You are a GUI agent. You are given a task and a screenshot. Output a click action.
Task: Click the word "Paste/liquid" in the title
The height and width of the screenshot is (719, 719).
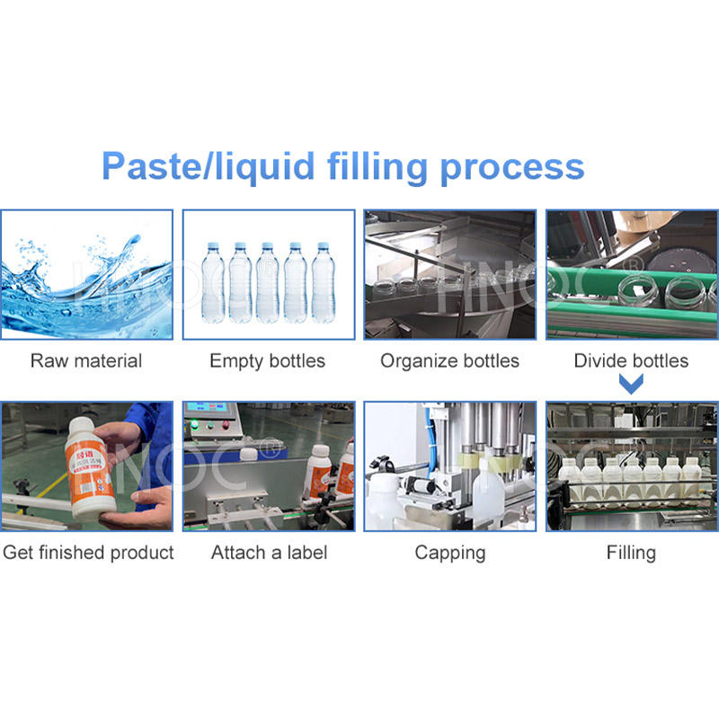(x=208, y=168)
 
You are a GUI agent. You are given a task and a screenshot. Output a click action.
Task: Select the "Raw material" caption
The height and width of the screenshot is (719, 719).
(x=86, y=361)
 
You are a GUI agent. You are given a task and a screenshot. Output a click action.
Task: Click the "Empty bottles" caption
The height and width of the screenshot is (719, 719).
(x=268, y=361)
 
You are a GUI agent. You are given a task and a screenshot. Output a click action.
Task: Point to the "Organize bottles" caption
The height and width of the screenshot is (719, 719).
(x=449, y=361)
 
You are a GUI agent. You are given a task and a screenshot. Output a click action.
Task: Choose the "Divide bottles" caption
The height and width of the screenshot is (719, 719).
(x=631, y=361)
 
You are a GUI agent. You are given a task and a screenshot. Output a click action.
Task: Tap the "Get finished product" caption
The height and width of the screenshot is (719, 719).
(x=88, y=552)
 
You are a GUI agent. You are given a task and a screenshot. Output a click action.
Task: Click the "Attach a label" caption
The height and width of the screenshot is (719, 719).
(x=269, y=552)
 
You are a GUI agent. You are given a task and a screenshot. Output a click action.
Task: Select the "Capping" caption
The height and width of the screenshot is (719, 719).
(x=449, y=552)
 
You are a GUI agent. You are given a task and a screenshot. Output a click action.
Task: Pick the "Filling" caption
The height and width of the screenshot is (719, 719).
(x=631, y=552)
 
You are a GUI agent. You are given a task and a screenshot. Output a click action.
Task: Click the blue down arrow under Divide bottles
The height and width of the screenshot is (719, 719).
(x=633, y=386)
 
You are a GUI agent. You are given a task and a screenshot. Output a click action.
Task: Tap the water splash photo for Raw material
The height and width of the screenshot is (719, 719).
(x=86, y=274)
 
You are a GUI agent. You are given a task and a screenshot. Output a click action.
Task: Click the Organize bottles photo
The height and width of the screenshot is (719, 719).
(x=449, y=274)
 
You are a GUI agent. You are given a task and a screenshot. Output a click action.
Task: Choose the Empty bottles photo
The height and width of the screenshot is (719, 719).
(x=268, y=274)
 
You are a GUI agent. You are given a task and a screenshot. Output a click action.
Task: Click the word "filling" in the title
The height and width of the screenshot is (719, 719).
(x=372, y=168)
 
